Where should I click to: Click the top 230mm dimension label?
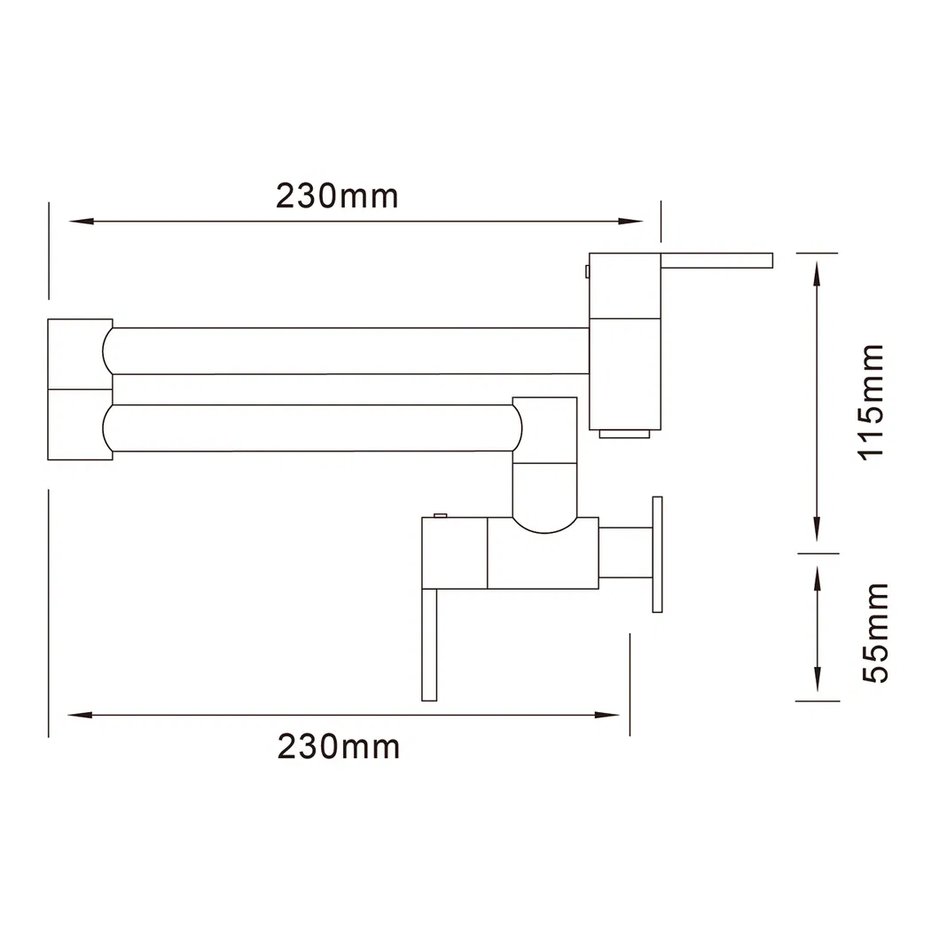(x=337, y=195)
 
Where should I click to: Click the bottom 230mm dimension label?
(x=339, y=747)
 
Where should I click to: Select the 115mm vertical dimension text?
(x=872, y=400)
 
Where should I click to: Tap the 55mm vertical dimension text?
(x=872, y=632)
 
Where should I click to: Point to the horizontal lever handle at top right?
(x=716, y=260)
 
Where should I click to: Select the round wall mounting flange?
(x=657, y=553)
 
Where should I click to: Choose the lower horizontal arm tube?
(x=310, y=428)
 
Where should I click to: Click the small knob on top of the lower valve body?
(x=439, y=516)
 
